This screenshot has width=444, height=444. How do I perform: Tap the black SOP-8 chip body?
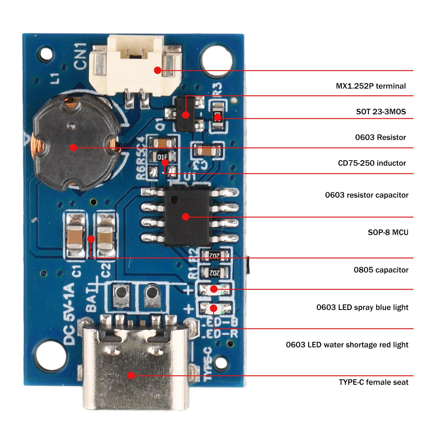coord(186,216)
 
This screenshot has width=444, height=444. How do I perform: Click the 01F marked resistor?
coord(162,157)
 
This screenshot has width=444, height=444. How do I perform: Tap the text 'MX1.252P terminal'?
coord(371,86)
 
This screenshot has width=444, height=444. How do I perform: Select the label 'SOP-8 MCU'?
coord(388,232)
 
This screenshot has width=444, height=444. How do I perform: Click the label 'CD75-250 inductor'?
coord(372,163)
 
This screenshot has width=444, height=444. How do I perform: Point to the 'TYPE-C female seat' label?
coord(374,382)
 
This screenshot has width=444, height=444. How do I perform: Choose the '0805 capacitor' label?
coord(381,270)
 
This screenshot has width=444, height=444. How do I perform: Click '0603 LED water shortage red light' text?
coord(347,345)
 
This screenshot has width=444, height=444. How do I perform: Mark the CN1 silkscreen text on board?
coord(81,56)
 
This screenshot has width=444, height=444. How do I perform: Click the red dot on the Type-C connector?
coord(131,375)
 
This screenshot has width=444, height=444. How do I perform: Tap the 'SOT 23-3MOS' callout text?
coord(381,112)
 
